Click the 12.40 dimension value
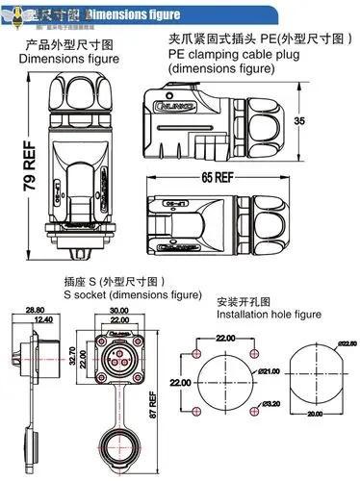pyautogui.click(x=43, y=320)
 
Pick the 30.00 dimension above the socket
pyautogui.click(x=118, y=311)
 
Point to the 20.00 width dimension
pyautogui.click(x=316, y=415)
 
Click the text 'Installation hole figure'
pyautogui.click(x=269, y=315)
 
